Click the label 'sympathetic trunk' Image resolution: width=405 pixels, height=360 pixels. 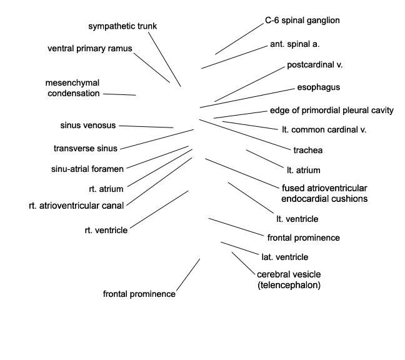coord(122,26)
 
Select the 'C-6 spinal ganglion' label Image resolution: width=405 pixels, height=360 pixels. coord(302,21)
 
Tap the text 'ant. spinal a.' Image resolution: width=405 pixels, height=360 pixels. coord(295,44)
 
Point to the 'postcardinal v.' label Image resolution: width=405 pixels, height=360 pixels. coord(314,65)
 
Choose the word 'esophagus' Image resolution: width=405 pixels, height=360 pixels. coord(319,87)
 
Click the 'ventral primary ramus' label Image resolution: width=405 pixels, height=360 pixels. coord(89,49)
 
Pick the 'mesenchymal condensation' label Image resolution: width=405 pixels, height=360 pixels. coord(72,88)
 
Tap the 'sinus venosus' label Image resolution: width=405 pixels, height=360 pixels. coord(88,125)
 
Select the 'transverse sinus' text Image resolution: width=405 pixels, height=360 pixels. coord(86,149)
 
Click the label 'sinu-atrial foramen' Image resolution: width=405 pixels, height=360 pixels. coord(87,169)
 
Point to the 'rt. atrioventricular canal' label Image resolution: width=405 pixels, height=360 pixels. coord(76,206)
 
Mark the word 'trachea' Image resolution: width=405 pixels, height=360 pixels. coord(308,150)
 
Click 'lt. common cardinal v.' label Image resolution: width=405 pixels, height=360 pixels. coord(324,129)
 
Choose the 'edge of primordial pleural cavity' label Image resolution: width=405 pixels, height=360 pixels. coord(332,111)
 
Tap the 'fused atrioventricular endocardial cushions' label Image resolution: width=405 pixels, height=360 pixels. coord(324,193)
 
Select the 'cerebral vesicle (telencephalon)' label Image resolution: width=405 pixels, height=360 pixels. coord(289,279)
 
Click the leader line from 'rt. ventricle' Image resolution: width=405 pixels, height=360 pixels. coord(159,209)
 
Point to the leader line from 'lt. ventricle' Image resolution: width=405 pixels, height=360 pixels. coord(251,198)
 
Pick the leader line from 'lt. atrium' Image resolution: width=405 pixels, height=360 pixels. coord(265,159)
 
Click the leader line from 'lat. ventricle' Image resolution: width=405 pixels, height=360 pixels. coord(240,248)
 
